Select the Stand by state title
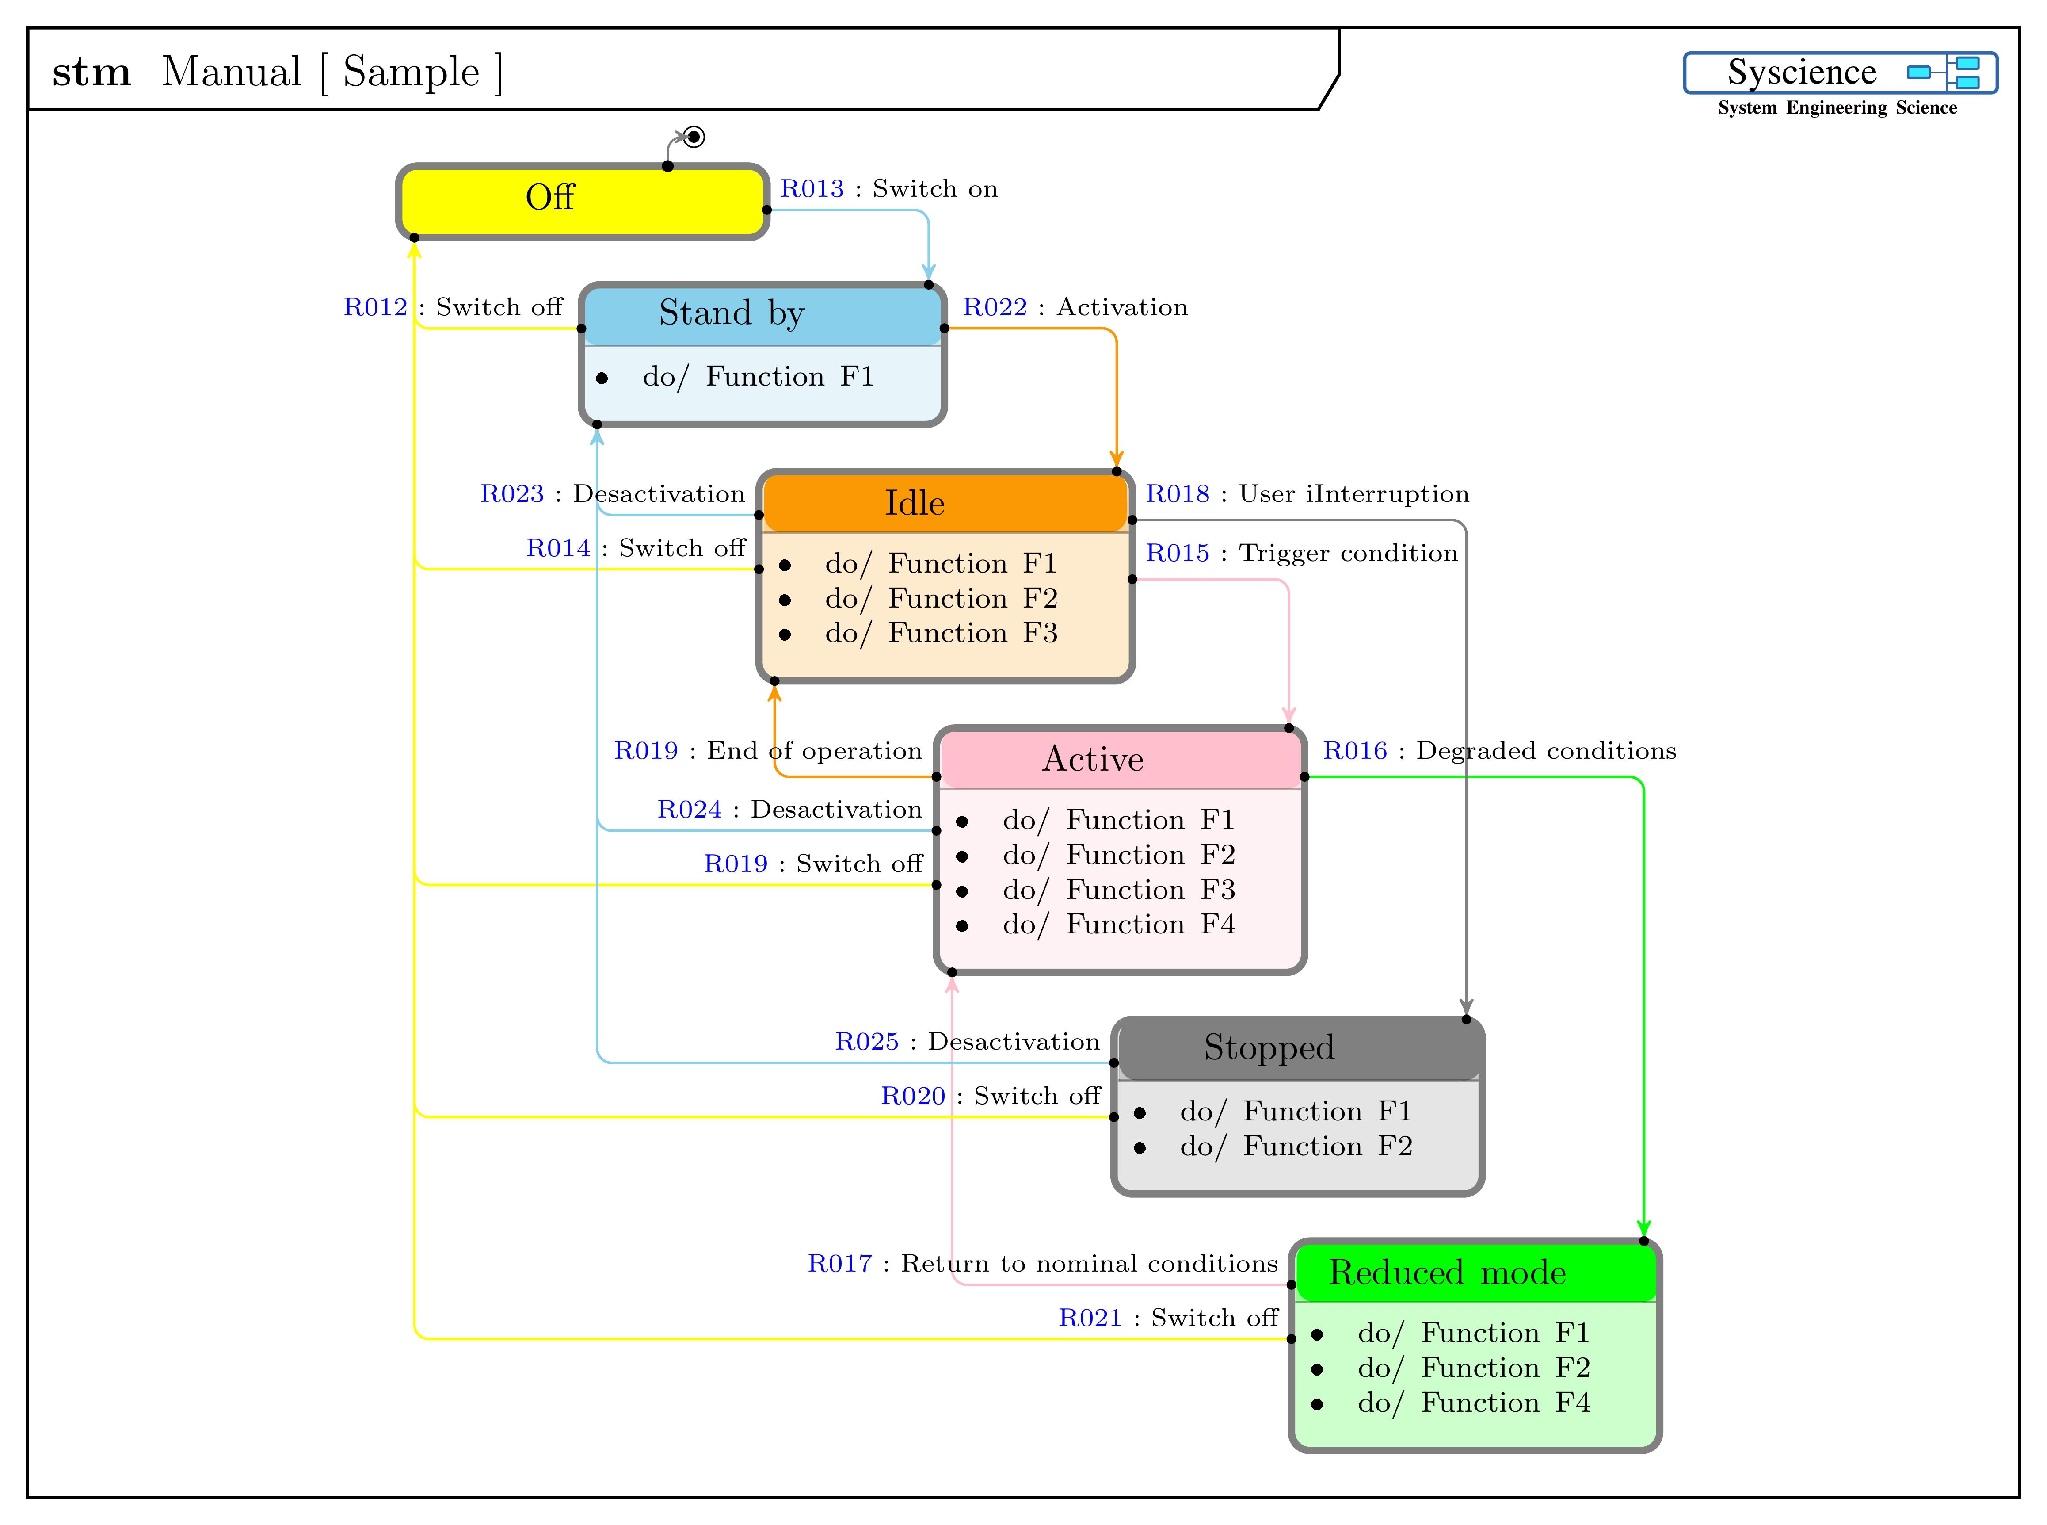(731, 314)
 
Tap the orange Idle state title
(915, 503)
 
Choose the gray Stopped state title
(1269, 1048)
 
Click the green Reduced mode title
(1447, 1273)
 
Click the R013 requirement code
(812, 189)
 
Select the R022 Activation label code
(995, 307)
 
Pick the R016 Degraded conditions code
(1355, 750)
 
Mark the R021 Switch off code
(1090, 1318)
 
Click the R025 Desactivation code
(867, 1042)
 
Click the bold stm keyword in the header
(91, 72)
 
